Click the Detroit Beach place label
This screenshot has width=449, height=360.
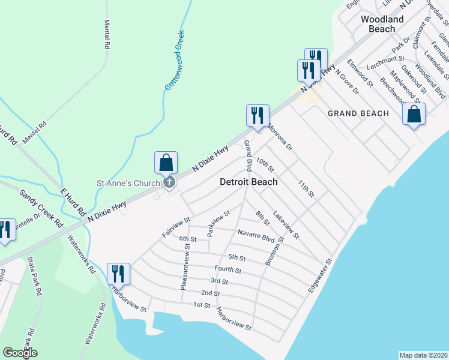point(249,182)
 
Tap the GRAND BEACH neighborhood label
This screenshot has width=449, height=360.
point(358,113)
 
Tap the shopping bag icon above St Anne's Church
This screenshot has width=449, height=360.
point(166,163)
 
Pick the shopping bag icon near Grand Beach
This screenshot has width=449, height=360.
point(414,114)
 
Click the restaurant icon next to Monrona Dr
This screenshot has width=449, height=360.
point(258,115)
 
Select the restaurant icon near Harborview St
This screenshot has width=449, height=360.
point(118,274)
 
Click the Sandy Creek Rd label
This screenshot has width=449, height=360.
point(42,207)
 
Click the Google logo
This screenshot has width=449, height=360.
point(20,353)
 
